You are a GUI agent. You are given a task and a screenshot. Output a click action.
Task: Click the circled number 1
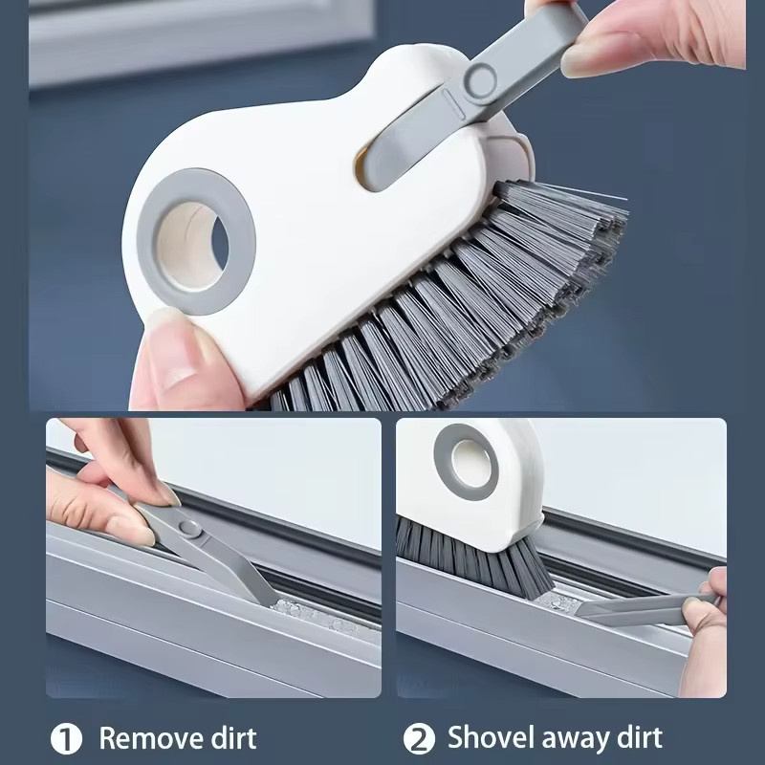tap(66, 739)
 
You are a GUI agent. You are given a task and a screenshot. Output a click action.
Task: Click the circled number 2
tap(419, 739)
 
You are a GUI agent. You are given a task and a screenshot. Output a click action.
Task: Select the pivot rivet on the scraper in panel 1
tap(189, 528)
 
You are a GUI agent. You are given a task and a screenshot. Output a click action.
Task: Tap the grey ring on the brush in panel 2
tap(466, 462)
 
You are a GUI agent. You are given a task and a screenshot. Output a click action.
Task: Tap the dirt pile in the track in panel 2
tap(557, 602)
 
